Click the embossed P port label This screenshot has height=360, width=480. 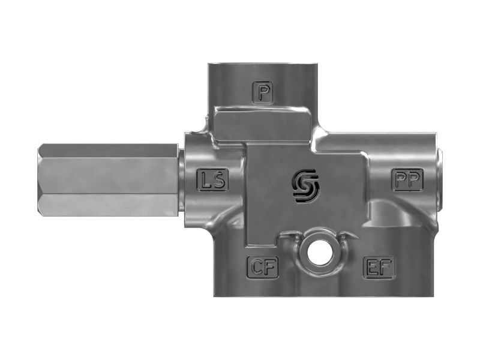tap(263, 92)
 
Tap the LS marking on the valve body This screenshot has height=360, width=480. tap(213, 179)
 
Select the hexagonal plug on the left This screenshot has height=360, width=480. tap(108, 179)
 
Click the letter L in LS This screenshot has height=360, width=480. tap(207, 179)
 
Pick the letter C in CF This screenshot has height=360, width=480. tap(257, 268)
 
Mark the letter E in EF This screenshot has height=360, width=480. tap(373, 268)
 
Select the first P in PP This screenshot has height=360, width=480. tap(401, 179)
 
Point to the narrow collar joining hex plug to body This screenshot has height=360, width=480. tap(181, 179)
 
